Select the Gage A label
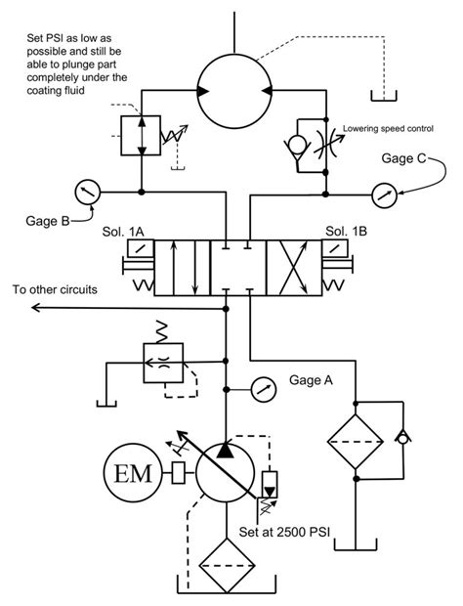click(313, 380)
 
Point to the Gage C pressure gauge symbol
click(383, 192)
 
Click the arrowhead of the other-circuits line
click(36, 308)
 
